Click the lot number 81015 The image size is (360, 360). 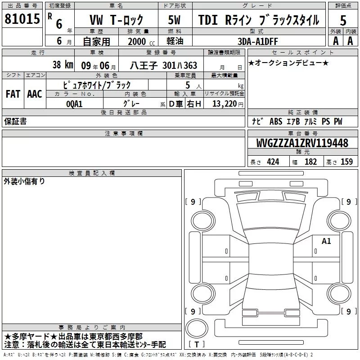point(22,19)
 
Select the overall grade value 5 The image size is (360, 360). point(343,21)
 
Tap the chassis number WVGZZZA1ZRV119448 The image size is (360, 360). point(302,143)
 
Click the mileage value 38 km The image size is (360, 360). point(63,65)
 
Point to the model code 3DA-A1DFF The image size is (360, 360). point(257,41)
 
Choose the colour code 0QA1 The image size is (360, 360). point(74,104)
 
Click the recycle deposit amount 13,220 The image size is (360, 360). point(224,103)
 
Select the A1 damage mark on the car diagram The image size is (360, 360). point(326,241)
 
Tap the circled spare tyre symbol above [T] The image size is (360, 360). point(197,328)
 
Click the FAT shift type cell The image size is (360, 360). point(13,94)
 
